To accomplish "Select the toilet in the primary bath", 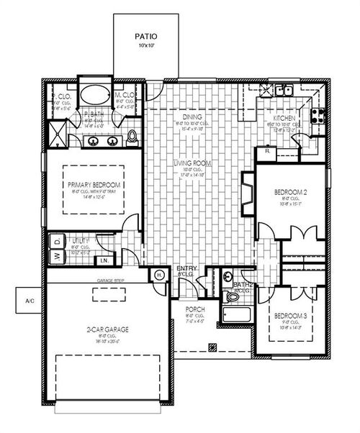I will (132, 136).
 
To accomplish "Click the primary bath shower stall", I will (56, 133).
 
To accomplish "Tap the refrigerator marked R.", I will (268, 152).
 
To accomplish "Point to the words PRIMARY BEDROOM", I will (94, 185).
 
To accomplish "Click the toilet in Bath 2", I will (228, 275).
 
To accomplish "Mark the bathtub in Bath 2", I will (236, 314).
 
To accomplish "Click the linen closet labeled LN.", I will (104, 260).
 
